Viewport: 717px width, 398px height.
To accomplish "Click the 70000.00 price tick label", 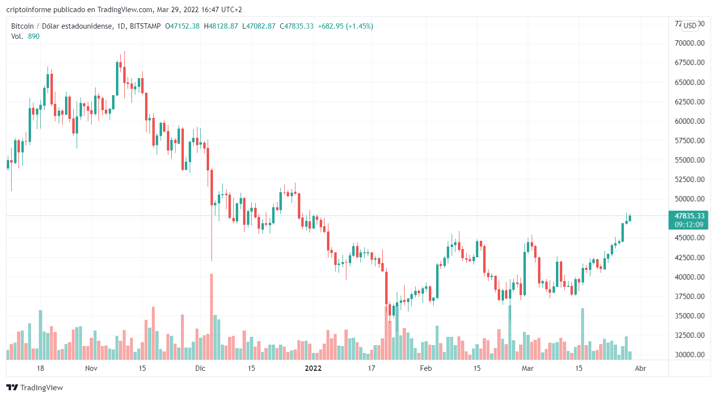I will (x=689, y=43).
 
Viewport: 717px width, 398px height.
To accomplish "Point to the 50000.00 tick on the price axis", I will (x=689, y=199).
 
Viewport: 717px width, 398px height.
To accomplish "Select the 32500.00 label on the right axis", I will (x=689, y=335).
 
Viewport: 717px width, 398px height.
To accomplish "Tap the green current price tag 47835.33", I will (x=689, y=216).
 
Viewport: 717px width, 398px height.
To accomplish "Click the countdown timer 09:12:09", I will (x=689, y=225).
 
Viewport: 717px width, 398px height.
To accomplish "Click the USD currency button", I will (x=690, y=26).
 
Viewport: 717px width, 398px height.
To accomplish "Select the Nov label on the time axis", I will (x=91, y=368).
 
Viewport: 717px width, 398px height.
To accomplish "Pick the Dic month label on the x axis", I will (x=200, y=368).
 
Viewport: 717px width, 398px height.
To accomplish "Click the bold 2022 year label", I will (x=313, y=368).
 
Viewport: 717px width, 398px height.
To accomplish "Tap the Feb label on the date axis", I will (x=425, y=368).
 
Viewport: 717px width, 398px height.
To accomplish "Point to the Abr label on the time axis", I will (x=640, y=368).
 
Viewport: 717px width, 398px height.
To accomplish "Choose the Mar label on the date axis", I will (x=527, y=368).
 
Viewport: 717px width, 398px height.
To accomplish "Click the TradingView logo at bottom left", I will (x=34, y=387).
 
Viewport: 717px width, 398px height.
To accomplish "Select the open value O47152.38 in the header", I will (x=182, y=26).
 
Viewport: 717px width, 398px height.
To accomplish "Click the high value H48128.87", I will (x=221, y=26).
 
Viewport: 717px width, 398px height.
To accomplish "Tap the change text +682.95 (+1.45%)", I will (x=345, y=26).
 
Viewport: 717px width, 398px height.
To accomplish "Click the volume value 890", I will (x=33, y=36).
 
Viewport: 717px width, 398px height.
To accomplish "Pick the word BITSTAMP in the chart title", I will (x=145, y=26).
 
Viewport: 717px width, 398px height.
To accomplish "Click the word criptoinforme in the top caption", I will (x=29, y=10).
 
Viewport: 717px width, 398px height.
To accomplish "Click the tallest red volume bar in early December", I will (x=212, y=316).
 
